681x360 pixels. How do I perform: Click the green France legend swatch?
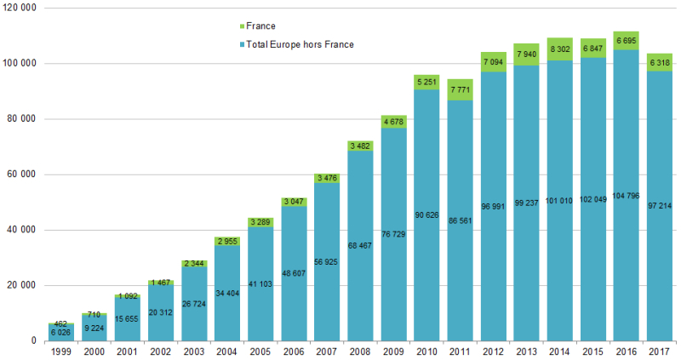click(241, 26)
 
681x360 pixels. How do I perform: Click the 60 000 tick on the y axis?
click(22, 174)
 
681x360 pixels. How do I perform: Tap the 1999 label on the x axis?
click(60, 351)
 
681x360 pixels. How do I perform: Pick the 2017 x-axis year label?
click(659, 351)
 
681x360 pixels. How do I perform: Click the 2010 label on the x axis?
click(426, 351)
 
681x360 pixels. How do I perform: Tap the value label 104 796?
click(626, 207)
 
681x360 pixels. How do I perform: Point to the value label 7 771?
click(460, 89)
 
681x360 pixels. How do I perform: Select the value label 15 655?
click(127, 319)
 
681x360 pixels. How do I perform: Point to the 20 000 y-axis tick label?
click(22, 286)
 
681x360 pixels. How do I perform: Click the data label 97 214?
click(659, 207)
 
